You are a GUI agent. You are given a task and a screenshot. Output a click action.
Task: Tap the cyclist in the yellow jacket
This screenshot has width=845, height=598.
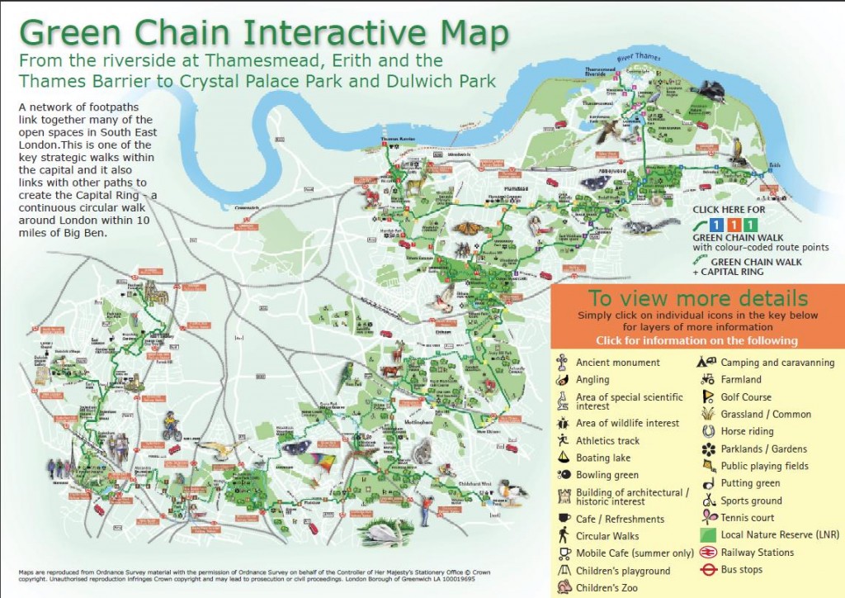click(x=171, y=428)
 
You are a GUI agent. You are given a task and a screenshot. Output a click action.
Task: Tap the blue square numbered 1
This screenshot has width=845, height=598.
click(x=717, y=224)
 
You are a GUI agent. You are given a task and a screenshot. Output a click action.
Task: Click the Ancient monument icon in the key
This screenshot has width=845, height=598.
click(x=562, y=362)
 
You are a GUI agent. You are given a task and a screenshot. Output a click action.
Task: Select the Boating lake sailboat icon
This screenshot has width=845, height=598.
click(x=562, y=458)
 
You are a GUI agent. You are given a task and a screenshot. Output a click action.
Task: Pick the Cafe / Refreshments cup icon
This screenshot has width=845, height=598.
click(x=562, y=519)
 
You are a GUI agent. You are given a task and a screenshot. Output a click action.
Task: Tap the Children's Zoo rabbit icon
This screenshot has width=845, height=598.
click(x=563, y=588)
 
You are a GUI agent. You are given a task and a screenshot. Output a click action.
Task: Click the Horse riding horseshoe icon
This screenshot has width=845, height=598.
click(x=706, y=431)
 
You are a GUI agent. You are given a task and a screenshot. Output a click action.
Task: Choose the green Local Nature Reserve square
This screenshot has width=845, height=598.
click(x=706, y=535)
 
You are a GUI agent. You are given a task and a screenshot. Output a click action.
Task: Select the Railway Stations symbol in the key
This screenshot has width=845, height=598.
click(x=706, y=553)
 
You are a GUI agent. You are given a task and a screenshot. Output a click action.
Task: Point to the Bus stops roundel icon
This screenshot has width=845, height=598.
click(x=706, y=570)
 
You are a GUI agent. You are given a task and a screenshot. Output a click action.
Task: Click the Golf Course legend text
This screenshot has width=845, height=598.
click(x=746, y=397)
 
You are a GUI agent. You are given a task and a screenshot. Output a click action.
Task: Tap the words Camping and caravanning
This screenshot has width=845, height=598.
click(x=777, y=363)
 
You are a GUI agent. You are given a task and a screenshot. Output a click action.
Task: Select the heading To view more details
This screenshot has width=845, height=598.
click(x=696, y=299)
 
